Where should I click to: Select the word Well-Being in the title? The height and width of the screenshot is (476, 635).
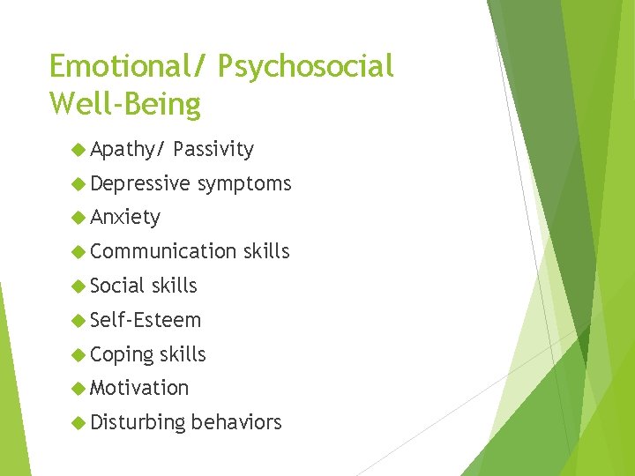tap(125, 104)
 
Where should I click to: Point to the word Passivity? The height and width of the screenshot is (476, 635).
tap(213, 150)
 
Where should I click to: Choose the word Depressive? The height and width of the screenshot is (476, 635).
tap(139, 183)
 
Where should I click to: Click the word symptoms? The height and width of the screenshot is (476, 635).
tap(244, 183)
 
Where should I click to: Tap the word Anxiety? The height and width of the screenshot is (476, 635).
tap(125, 217)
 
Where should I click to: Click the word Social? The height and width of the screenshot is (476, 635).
tap(118, 286)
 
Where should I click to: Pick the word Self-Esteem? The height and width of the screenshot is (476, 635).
tap(146, 320)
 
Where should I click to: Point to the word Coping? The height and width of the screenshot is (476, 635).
tap(121, 354)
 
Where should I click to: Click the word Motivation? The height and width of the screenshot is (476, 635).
tap(139, 388)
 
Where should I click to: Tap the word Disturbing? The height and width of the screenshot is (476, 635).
tap(138, 422)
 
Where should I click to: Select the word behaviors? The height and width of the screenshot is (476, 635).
tap(236, 422)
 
